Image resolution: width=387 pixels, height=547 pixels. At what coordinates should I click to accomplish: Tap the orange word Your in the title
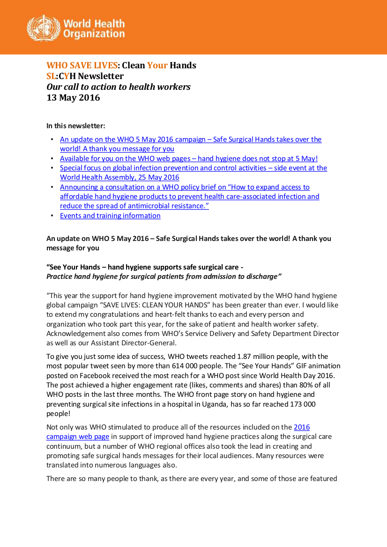[x=157, y=66]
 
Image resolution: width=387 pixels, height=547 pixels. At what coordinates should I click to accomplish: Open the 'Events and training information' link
[x=110, y=216]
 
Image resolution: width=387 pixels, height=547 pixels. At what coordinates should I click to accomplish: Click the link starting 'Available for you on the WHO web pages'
[x=189, y=159]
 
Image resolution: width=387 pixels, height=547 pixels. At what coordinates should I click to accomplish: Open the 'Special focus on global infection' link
[x=193, y=168]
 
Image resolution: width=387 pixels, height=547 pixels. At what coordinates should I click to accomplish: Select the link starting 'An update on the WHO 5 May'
[x=191, y=139]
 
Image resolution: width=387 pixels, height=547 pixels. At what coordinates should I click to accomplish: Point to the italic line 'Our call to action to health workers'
[x=118, y=87]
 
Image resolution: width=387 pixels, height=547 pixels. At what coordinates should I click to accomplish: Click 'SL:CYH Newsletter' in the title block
[x=85, y=76]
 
